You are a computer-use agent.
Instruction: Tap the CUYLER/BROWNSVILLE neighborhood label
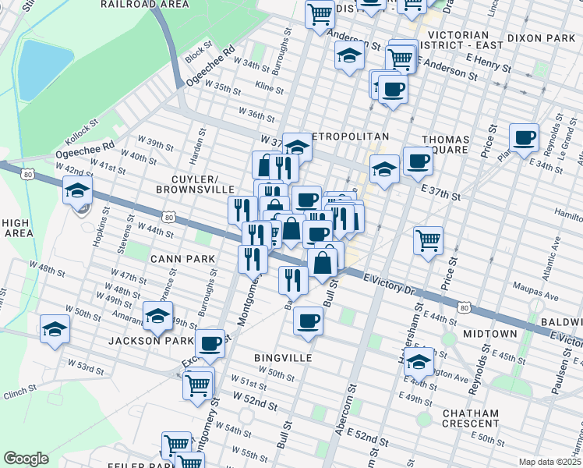point(195,183)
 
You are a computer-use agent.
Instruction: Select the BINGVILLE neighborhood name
point(283,357)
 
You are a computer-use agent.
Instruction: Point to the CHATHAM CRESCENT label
point(459,418)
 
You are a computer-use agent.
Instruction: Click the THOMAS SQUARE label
point(445,144)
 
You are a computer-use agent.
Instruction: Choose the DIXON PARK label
point(539,37)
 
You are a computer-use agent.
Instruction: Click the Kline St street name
point(270,90)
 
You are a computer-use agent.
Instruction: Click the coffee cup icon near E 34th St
point(525,137)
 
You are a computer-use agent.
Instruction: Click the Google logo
point(26,458)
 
